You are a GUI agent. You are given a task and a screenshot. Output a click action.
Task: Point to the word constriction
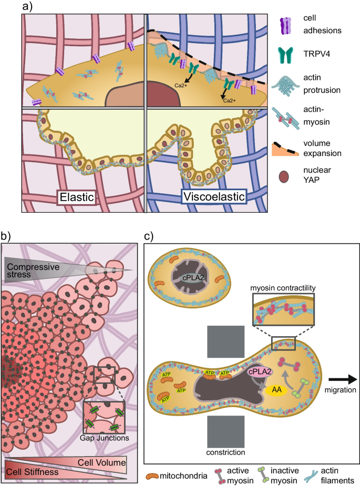(225, 451)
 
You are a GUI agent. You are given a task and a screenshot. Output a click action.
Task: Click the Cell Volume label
(102, 462)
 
